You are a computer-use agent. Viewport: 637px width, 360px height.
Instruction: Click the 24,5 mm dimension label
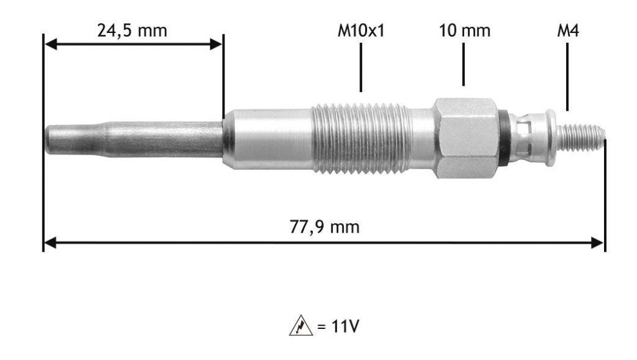pyautogui.click(x=132, y=31)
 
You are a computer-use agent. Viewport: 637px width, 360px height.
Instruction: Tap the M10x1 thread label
pyautogui.click(x=361, y=30)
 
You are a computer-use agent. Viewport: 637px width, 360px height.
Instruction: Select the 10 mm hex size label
pyautogui.click(x=465, y=30)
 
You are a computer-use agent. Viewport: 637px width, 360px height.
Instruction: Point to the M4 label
pyautogui.click(x=568, y=30)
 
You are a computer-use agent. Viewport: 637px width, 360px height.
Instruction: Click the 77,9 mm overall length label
pyautogui.click(x=325, y=227)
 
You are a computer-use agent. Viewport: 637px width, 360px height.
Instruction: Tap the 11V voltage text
pyautogui.click(x=339, y=326)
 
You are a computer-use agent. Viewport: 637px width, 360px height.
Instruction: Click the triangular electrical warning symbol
pyautogui.click(x=301, y=326)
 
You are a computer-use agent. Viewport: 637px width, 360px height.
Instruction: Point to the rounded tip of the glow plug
pyautogui.click(x=49, y=140)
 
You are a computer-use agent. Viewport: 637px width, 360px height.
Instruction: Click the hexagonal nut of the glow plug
pyautogui.click(x=466, y=138)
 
